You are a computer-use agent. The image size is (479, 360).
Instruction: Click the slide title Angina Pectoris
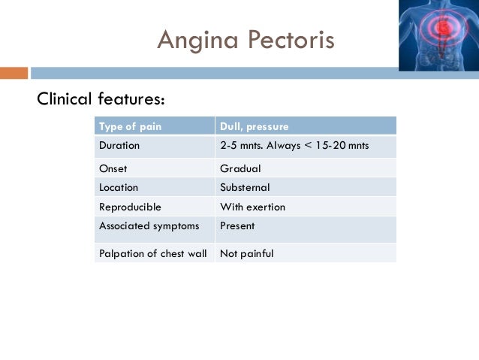click(x=246, y=39)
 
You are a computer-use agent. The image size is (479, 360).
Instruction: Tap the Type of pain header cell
click(x=130, y=126)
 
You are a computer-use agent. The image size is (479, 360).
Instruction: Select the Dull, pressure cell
click(x=254, y=126)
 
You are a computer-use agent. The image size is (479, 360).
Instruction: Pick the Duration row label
click(x=119, y=145)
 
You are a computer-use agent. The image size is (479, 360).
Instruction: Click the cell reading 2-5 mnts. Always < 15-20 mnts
click(x=294, y=145)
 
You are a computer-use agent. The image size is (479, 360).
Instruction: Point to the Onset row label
click(x=113, y=168)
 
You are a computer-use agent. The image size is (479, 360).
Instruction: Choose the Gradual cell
click(x=240, y=168)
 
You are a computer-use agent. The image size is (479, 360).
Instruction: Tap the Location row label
click(x=119, y=187)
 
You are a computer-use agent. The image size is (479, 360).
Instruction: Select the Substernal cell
click(x=245, y=187)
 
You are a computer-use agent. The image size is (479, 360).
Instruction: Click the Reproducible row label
click(x=130, y=207)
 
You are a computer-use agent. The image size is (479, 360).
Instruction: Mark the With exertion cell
click(x=252, y=207)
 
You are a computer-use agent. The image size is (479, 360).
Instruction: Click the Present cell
click(x=237, y=225)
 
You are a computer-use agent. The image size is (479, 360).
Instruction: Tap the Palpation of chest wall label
click(x=152, y=253)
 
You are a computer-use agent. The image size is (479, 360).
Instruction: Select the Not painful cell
click(x=246, y=253)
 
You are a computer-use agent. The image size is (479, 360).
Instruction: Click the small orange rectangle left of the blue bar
click(x=14, y=73)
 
